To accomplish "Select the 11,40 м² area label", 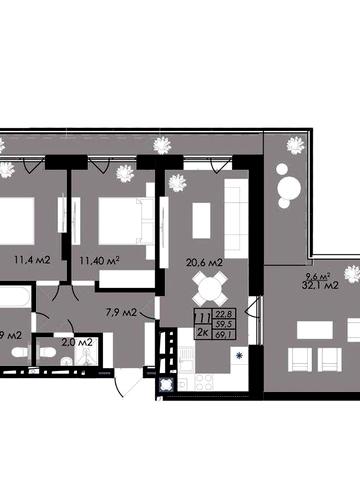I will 100,263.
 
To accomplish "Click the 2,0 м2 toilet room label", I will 77,342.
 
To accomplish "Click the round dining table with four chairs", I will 209,292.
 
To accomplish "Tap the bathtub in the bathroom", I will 13,297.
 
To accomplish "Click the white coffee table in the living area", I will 201,215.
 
